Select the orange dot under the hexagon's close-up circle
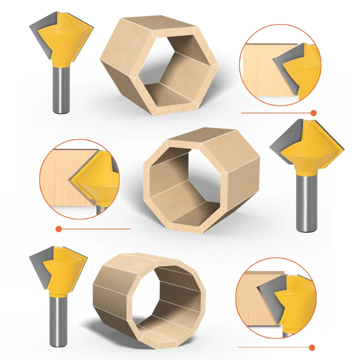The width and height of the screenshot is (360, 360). (x=313, y=113)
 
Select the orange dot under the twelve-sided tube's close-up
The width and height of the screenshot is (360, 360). (x=312, y=347)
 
